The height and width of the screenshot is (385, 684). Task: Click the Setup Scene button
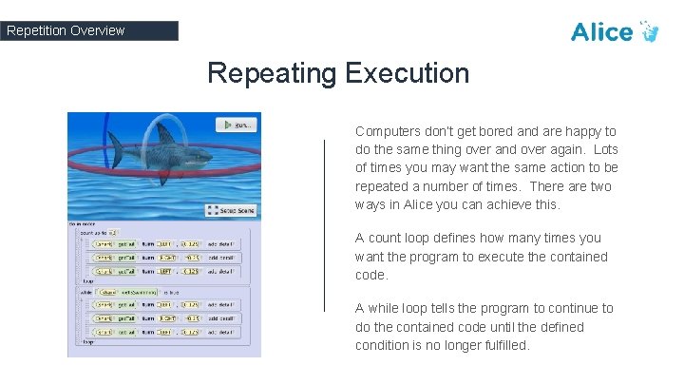[233, 210]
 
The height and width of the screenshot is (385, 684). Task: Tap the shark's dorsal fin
[163, 133]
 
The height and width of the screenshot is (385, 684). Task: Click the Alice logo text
[601, 31]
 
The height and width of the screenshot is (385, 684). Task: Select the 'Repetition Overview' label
[66, 30]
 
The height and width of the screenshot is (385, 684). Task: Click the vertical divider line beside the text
[325, 224]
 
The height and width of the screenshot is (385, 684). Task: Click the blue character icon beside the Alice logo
[651, 31]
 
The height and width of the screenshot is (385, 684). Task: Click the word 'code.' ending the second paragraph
[371, 275]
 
